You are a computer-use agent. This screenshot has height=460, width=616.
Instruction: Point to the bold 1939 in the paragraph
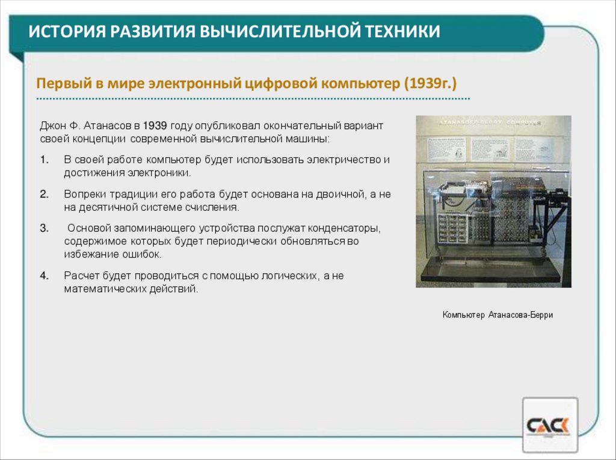(x=155, y=126)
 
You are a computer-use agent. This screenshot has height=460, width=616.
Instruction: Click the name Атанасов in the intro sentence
(x=110, y=126)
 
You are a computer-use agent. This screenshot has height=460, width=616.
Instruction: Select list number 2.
(x=44, y=195)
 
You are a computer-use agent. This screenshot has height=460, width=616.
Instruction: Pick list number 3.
(x=44, y=229)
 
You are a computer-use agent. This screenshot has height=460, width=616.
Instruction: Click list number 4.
(x=44, y=276)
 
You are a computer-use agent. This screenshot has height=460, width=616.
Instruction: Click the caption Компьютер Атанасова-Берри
(x=497, y=315)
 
